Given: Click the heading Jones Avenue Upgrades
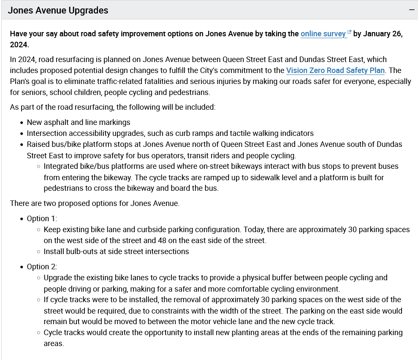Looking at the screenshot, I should [x=58, y=11].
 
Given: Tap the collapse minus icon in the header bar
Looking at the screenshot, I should [x=412, y=10].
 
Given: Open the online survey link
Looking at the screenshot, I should [x=323, y=34].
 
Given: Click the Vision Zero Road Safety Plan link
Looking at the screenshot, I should [x=335, y=70].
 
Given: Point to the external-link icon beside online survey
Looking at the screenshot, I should [x=349, y=32].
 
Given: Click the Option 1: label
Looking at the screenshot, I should [x=42, y=219].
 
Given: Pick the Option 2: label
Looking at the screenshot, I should [x=42, y=267].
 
